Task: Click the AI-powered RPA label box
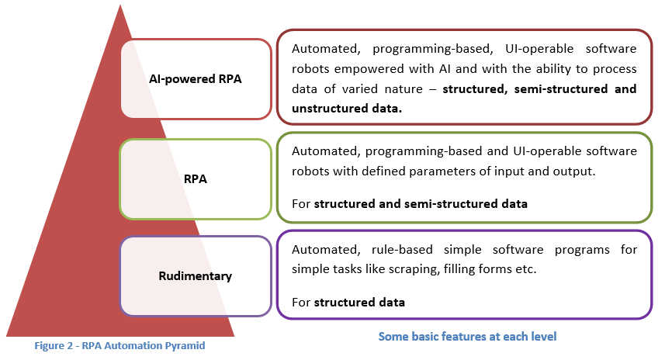click(196, 79)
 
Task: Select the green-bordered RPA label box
click(196, 178)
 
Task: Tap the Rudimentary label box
click(196, 275)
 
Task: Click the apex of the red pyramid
click(120, 8)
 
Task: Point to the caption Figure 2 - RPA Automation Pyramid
click(120, 345)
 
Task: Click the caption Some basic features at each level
click(466, 337)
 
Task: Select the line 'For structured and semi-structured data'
click(410, 204)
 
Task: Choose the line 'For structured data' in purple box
click(348, 302)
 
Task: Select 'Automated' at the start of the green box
click(323, 151)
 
